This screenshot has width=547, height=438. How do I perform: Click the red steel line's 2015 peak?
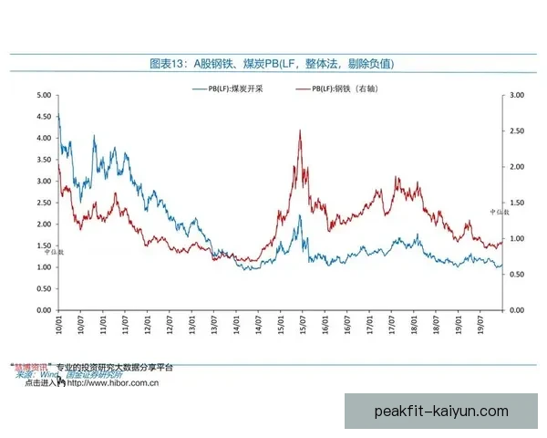(x=300, y=131)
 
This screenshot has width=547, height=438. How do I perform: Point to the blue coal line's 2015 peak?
(x=299, y=216)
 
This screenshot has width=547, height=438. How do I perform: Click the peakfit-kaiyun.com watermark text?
(x=441, y=411)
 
